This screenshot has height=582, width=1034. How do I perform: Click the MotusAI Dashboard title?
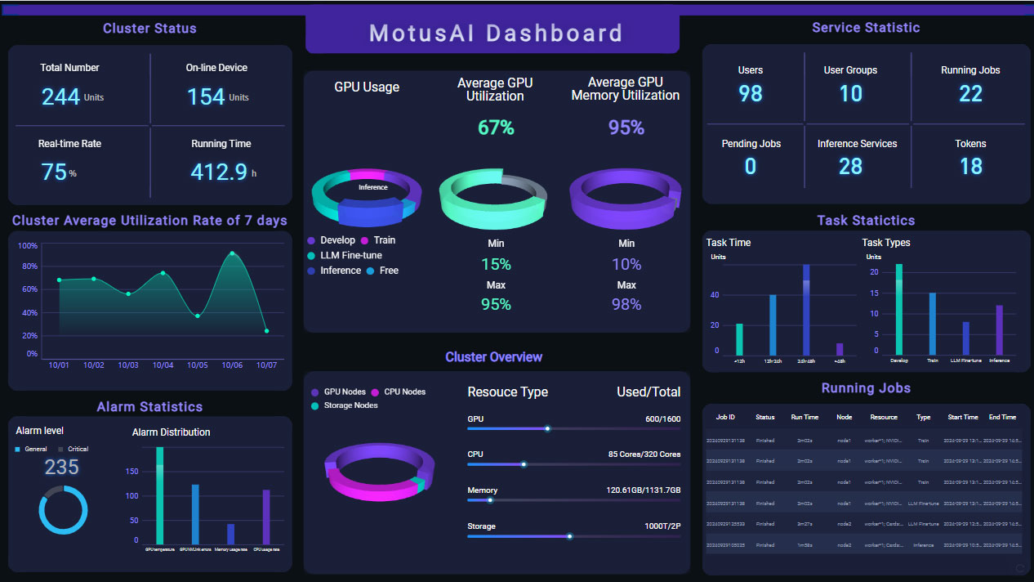pyautogui.click(x=495, y=34)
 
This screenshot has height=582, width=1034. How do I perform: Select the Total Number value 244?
pyautogui.click(x=60, y=97)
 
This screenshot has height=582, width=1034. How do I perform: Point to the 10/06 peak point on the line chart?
pyautogui.click(x=233, y=253)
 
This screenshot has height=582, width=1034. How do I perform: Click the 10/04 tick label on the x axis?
pyautogui.click(x=163, y=365)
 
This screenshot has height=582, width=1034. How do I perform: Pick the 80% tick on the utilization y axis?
pyautogui.click(x=29, y=266)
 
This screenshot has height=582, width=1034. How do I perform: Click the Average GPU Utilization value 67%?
pyautogui.click(x=496, y=128)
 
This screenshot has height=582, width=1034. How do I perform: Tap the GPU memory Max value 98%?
pyautogui.click(x=626, y=304)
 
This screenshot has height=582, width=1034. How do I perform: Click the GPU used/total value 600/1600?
pyautogui.click(x=662, y=419)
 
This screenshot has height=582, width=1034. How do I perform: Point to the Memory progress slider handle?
pyautogui.click(x=490, y=500)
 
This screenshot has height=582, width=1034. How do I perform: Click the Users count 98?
pyautogui.click(x=751, y=94)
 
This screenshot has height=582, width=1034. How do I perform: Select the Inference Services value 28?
pyautogui.click(x=850, y=167)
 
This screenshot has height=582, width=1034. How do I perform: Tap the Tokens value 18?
pyautogui.click(x=970, y=167)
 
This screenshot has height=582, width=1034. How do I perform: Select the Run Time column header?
pyautogui.click(x=804, y=417)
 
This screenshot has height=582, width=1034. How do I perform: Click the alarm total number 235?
pyautogui.click(x=62, y=468)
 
